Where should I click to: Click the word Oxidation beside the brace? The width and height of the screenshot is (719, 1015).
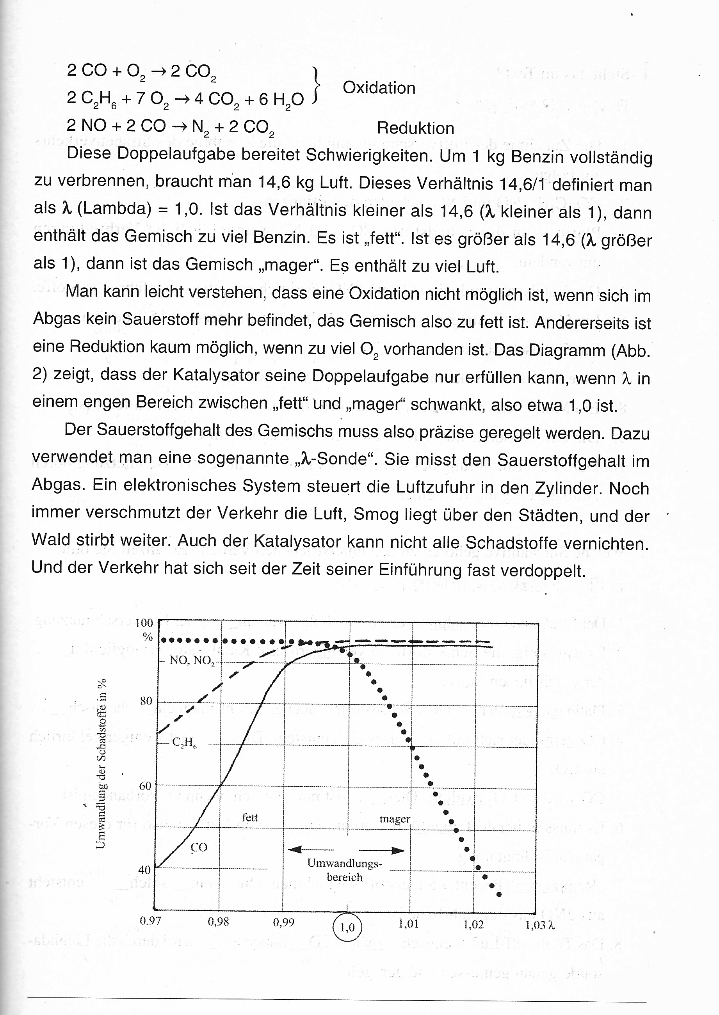coord(379,88)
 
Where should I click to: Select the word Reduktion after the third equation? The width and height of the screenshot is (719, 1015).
coord(415,128)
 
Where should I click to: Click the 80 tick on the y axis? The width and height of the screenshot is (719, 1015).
coord(146,701)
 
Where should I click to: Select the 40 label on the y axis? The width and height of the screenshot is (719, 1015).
coord(145,870)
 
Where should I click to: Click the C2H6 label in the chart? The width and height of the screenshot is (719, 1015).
coord(185,743)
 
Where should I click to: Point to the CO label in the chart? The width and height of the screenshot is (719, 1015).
coord(199,847)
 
